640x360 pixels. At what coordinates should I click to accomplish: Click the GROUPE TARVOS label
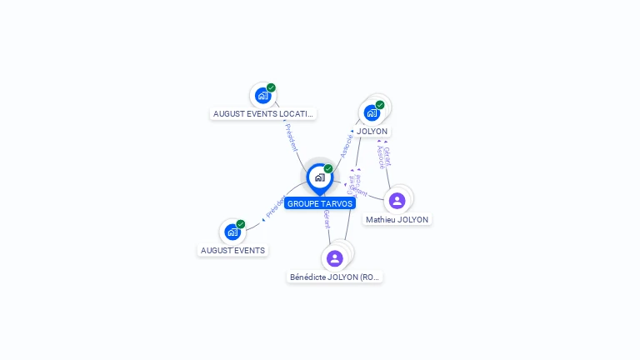(x=320, y=203)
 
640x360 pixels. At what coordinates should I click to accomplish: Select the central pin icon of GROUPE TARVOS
(x=319, y=177)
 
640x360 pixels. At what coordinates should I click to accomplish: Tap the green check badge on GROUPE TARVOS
(x=328, y=169)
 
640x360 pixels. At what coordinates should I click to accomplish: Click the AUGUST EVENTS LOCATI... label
(x=263, y=113)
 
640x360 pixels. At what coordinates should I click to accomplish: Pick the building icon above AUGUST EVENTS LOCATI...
(x=263, y=95)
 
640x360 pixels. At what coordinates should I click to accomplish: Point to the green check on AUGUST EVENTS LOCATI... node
(x=271, y=87)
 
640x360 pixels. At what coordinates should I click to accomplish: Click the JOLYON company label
(x=372, y=132)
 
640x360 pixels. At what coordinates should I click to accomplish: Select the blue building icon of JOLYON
(x=372, y=112)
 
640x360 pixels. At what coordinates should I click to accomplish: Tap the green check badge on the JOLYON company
(x=380, y=105)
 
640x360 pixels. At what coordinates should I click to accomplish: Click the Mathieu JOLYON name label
(x=397, y=220)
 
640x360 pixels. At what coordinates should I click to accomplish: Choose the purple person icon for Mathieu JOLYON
(x=397, y=200)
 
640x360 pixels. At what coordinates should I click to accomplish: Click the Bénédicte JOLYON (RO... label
(x=334, y=277)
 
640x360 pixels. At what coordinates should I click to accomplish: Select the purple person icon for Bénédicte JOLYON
(x=335, y=258)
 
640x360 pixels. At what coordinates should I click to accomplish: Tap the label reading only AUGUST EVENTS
(x=232, y=250)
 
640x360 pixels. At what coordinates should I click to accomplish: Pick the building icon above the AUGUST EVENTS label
(x=232, y=232)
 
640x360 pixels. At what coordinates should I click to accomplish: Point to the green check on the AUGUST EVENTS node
(x=241, y=224)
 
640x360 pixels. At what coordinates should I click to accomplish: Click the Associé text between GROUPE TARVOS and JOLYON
(x=346, y=145)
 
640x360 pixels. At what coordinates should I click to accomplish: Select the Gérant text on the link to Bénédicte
(x=327, y=220)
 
